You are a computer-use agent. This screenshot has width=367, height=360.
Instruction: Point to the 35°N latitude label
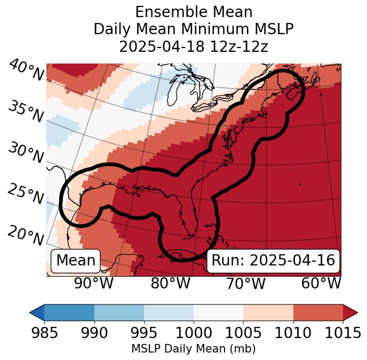point(26,111)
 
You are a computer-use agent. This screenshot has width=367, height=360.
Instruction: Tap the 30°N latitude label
point(26,153)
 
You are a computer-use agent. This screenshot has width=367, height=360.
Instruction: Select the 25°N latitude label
point(26,194)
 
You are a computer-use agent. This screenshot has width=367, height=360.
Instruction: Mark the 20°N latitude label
point(26,234)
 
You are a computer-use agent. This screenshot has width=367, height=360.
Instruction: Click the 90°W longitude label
point(93,283)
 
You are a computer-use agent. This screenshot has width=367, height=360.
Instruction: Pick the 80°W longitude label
point(170,283)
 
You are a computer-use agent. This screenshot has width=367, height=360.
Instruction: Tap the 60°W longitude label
point(321,283)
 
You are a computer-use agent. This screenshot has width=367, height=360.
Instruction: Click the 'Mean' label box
point(76,261)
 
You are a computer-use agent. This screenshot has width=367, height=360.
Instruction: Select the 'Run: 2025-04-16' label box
point(273,261)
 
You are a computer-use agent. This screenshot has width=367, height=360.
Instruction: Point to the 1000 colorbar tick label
point(194,333)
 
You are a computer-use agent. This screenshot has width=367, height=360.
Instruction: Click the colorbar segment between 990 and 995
point(119,312)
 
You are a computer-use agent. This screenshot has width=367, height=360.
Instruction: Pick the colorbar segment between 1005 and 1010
point(268,312)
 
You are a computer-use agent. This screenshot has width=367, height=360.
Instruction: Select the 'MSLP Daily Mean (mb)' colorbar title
point(193,349)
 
